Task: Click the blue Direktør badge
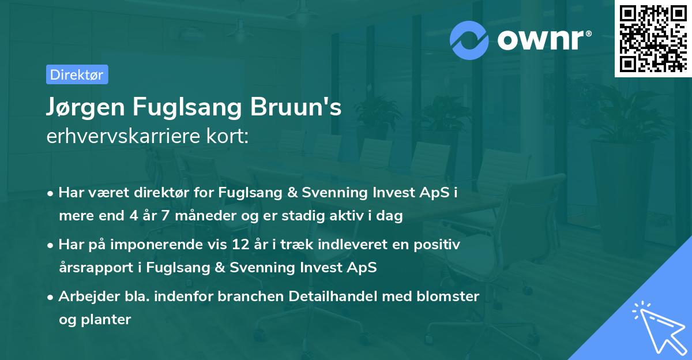[77, 74]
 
